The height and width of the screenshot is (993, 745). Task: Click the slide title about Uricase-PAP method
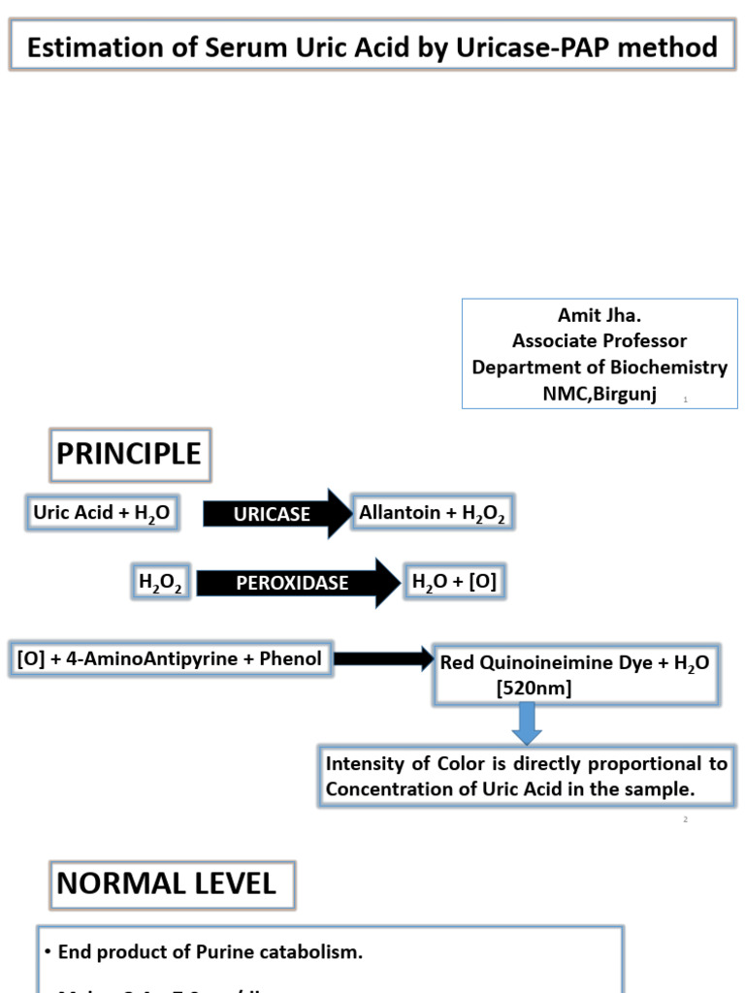point(372,48)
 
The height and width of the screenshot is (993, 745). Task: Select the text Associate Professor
point(599,341)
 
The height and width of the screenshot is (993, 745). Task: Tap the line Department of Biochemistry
point(599,368)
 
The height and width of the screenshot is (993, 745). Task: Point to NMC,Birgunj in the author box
point(599,393)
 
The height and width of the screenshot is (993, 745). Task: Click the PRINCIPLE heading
point(129,454)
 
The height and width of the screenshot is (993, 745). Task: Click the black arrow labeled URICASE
point(276,514)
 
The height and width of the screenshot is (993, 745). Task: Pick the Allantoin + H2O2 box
point(432,513)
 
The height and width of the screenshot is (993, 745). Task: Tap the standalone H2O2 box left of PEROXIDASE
point(161,583)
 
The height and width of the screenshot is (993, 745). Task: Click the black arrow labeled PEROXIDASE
point(296,583)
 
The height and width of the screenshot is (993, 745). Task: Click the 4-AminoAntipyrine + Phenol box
point(169,659)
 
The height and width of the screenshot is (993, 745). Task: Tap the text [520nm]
point(534,688)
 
